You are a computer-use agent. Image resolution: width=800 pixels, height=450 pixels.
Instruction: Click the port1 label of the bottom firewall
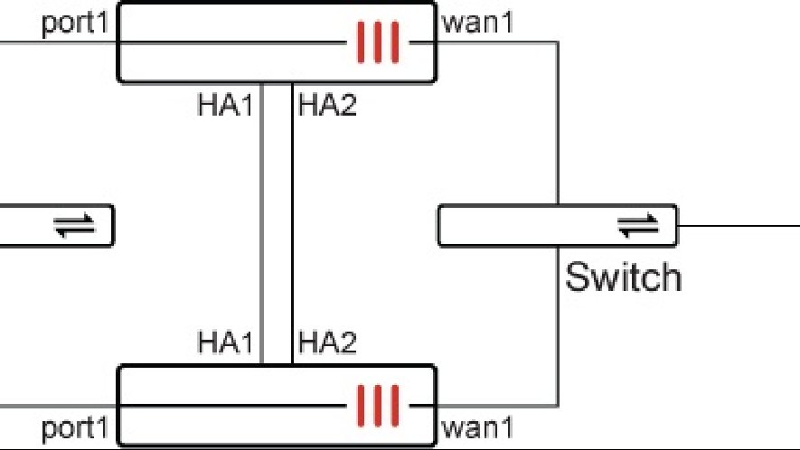click(76, 427)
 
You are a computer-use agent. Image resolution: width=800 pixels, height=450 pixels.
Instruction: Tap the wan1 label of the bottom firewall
click(477, 427)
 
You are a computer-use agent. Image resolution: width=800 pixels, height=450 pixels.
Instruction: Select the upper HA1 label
click(226, 105)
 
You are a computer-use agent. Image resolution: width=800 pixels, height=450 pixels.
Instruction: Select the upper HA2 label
click(328, 105)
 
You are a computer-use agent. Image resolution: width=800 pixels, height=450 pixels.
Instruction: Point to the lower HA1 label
click(226, 343)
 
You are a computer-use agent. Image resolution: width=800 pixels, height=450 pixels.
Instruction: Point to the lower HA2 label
click(328, 343)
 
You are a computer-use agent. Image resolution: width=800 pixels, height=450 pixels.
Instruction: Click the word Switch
click(623, 277)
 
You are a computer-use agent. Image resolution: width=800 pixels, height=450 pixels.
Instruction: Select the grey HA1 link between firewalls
click(262, 226)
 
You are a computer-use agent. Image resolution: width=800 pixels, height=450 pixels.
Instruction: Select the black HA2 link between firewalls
click(292, 226)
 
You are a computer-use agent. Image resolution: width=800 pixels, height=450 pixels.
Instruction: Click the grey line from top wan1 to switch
click(557, 117)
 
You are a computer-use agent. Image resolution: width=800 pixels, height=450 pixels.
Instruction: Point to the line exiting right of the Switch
click(737, 225)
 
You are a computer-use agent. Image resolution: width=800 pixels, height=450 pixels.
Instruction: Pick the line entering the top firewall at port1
click(54, 42)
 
